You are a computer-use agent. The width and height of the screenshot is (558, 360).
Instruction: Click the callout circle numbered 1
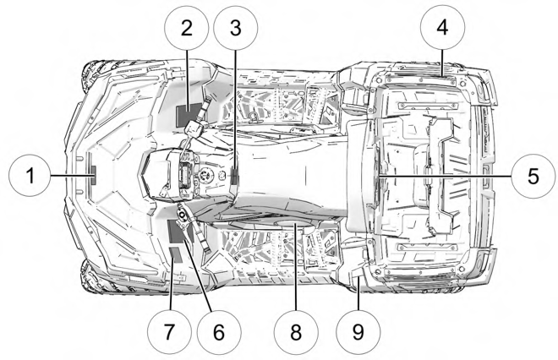coord(30,175)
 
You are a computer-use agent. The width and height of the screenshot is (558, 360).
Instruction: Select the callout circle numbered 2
coord(187,28)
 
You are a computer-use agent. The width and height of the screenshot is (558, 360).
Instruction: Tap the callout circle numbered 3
coord(236,28)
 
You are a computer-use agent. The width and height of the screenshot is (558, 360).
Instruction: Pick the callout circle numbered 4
coord(442,28)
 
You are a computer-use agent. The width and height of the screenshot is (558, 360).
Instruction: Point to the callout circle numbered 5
coord(533,176)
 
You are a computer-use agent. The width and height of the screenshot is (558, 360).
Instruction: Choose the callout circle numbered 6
coord(219,332)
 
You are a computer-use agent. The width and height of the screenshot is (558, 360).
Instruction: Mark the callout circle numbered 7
coord(169,332)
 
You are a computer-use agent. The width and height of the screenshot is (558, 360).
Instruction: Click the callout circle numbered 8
coord(296,332)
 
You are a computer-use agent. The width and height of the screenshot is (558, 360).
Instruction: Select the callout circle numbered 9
coord(358,332)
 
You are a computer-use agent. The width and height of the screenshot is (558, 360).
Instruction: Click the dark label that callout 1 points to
coord(94,175)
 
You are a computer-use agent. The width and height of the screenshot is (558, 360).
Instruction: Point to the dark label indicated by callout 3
coord(234,175)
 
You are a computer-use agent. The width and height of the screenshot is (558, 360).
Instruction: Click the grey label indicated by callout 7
coord(177,254)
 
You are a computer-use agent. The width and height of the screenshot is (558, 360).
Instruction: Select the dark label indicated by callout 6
coord(180,231)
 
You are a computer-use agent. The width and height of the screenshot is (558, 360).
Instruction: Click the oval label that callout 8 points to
coord(293,224)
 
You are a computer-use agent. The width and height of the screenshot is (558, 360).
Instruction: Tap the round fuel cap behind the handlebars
coord(205,175)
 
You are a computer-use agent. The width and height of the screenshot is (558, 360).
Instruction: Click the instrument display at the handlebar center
coord(186,175)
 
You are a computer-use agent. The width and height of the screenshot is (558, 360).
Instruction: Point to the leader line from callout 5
coord(445,176)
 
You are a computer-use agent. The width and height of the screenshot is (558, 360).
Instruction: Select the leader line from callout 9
coord(358,293)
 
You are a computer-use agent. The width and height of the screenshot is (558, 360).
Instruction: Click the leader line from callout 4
coord(442,63)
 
